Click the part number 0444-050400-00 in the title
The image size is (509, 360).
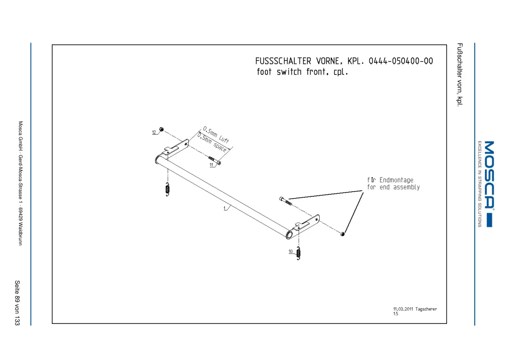401,61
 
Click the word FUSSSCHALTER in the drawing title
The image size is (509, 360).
283,61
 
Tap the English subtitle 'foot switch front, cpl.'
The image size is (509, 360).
302,72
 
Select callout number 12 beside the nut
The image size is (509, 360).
154,132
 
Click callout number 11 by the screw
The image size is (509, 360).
211,165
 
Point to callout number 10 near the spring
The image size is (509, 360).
291,252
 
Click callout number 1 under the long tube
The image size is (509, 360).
224,208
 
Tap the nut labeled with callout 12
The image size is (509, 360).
161,130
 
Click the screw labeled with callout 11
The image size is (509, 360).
215,160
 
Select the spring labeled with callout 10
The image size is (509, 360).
298,254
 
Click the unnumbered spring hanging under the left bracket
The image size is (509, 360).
168,190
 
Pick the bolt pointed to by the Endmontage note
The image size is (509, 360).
286,201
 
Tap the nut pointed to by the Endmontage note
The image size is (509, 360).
342,234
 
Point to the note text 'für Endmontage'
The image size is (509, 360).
390,180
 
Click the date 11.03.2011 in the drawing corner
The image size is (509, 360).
403,309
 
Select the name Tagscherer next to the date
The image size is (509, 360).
426,309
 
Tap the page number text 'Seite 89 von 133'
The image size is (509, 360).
17,303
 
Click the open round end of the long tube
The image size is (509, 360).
289,235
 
